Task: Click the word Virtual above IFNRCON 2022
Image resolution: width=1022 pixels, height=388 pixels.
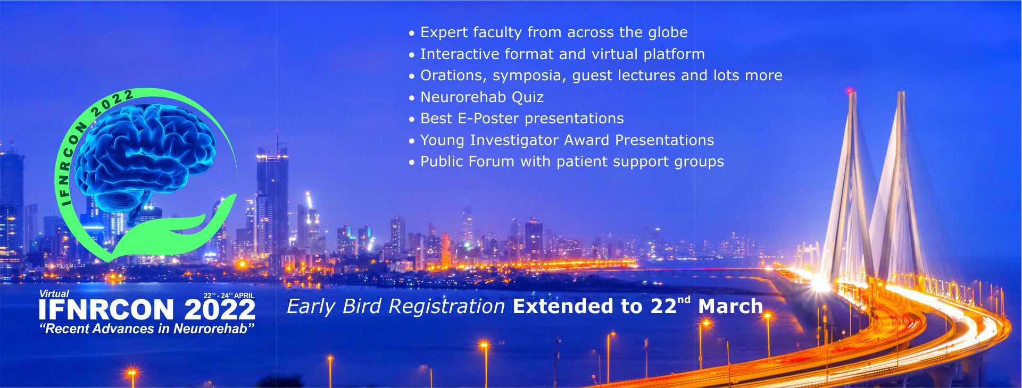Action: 54,294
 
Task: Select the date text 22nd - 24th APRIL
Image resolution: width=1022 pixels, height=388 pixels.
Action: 229,296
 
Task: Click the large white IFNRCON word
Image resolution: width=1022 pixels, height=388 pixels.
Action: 106,310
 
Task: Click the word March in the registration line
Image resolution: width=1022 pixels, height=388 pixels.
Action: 730,307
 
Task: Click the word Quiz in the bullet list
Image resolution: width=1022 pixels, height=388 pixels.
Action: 528,97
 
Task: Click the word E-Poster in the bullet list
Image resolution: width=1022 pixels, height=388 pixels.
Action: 488,119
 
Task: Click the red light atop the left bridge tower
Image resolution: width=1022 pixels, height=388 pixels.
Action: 849,91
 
